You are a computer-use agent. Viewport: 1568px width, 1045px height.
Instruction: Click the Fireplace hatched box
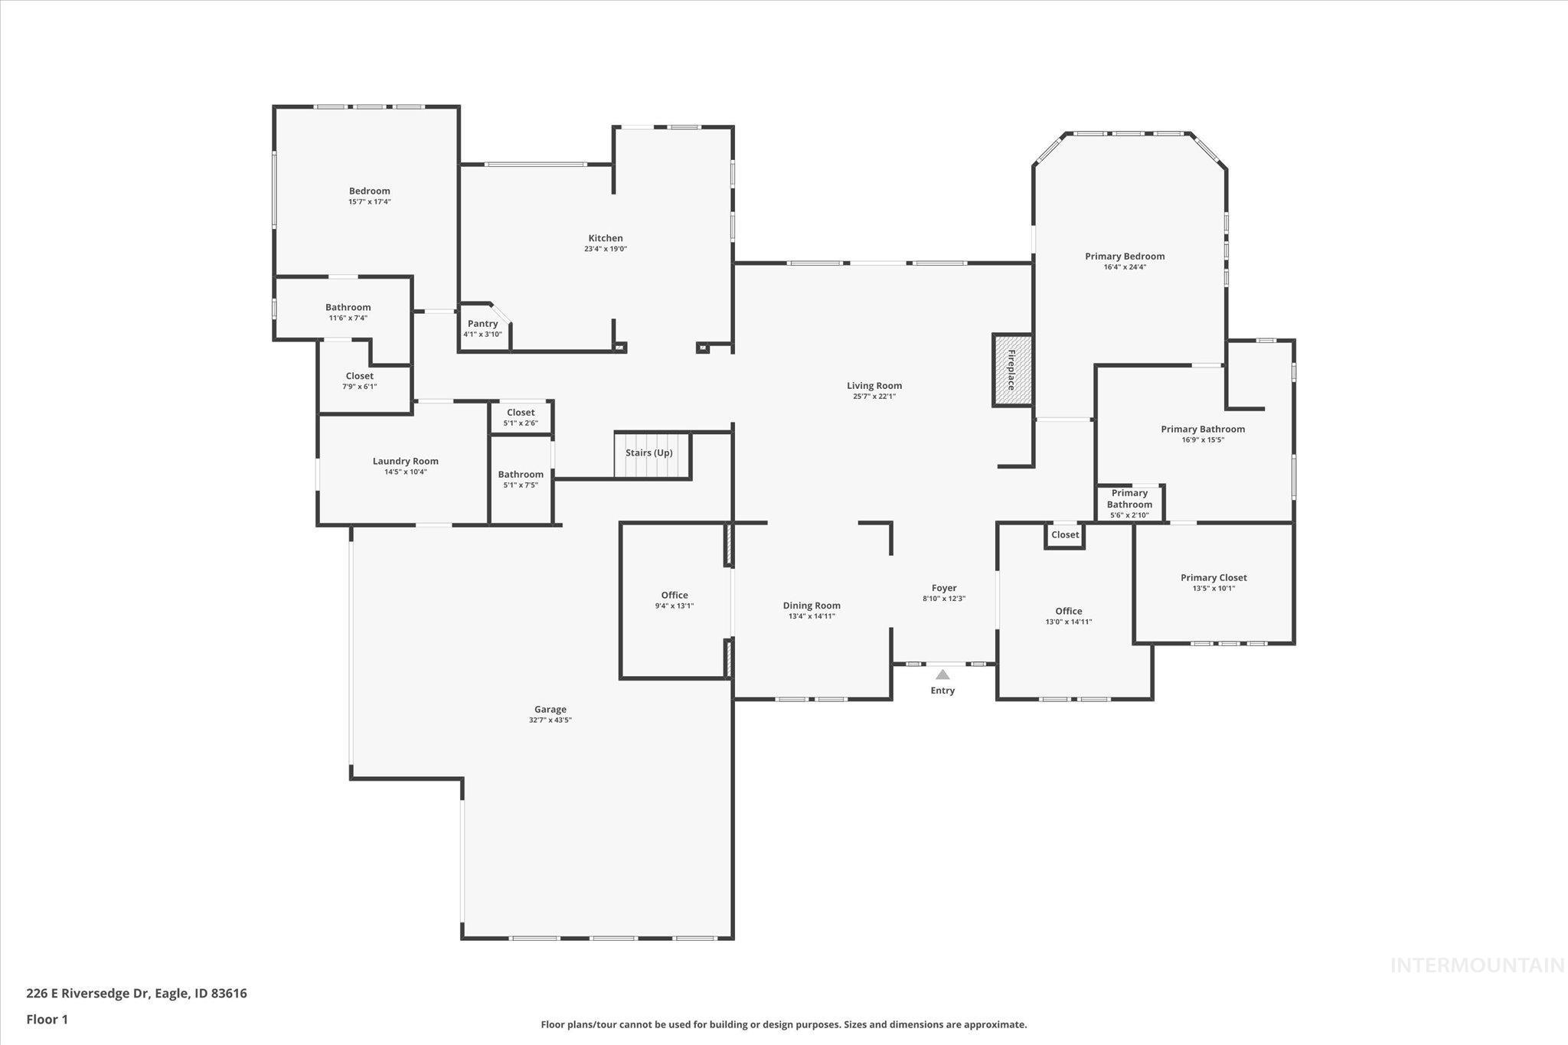coord(1012,371)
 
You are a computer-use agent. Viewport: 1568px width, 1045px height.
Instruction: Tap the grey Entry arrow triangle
coord(942,674)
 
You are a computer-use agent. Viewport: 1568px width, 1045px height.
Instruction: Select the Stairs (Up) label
coord(648,452)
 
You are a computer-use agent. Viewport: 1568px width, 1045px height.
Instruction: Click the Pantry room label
coord(482,324)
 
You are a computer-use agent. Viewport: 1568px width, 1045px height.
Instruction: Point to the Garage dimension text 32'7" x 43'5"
coord(550,720)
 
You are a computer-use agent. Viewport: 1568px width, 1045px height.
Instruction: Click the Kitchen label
coord(605,238)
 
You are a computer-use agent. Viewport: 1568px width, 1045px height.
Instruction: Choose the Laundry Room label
coord(405,461)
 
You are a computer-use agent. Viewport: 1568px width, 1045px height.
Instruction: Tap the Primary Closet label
coord(1214,578)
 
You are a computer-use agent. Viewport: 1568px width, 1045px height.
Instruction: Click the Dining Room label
coord(812,606)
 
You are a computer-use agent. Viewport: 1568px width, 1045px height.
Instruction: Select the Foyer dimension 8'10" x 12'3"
coord(943,599)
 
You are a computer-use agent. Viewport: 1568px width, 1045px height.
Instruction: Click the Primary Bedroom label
coord(1125,256)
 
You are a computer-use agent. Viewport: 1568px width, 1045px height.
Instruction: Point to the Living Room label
coord(874,386)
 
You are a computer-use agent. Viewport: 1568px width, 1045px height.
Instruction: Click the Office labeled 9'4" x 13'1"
coord(675,596)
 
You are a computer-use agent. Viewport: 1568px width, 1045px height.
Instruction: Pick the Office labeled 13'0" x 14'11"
coord(1068,612)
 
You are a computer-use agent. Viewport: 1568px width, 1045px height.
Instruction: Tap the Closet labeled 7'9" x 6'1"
coord(359,376)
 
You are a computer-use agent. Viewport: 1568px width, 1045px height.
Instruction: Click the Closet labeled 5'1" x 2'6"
coord(521,413)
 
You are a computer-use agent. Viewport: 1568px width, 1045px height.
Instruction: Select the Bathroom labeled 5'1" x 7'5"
coord(521,475)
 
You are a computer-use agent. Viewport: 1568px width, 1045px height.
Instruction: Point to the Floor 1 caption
coord(47,1019)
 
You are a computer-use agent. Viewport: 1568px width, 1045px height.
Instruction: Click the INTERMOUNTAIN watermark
coord(1477,965)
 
